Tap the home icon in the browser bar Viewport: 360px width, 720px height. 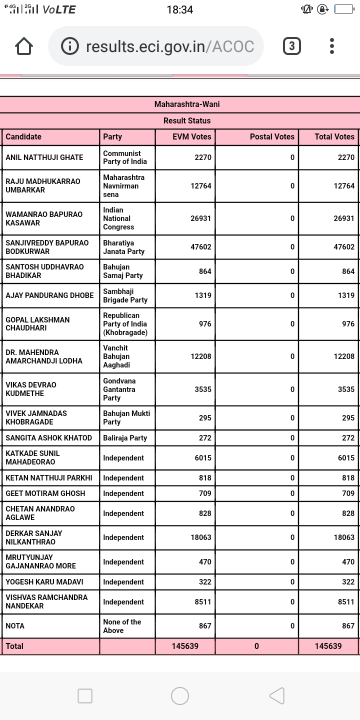(x=24, y=46)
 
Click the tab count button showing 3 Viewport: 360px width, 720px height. (x=292, y=46)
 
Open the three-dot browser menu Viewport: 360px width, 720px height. (x=332, y=46)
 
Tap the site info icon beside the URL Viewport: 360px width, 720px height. (x=70, y=46)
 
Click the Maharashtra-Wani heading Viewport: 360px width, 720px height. (x=186, y=104)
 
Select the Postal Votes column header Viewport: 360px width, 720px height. (x=272, y=136)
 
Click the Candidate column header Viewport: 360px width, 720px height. (x=23, y=136)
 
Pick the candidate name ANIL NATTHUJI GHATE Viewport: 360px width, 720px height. (x=44, y=157)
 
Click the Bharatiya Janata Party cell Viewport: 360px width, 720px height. (x=124, y=247)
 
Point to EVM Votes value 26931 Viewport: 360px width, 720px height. (x=201, y=218)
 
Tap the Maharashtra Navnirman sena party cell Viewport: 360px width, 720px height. (x=124, y=186)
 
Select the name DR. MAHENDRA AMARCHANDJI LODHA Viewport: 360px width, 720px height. (x=44, y=356)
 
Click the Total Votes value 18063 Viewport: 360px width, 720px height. (x=344, y=537)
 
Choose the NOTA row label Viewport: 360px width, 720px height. (x=15, y=626)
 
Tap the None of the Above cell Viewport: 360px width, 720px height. (x=122, y=626)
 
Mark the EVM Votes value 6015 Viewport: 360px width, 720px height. (x=203, y=458)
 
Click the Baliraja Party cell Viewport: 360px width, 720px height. (x=125, y=438)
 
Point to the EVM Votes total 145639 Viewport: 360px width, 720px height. (x=185, y=646)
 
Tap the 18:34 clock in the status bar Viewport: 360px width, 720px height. (x=179, y=9)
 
